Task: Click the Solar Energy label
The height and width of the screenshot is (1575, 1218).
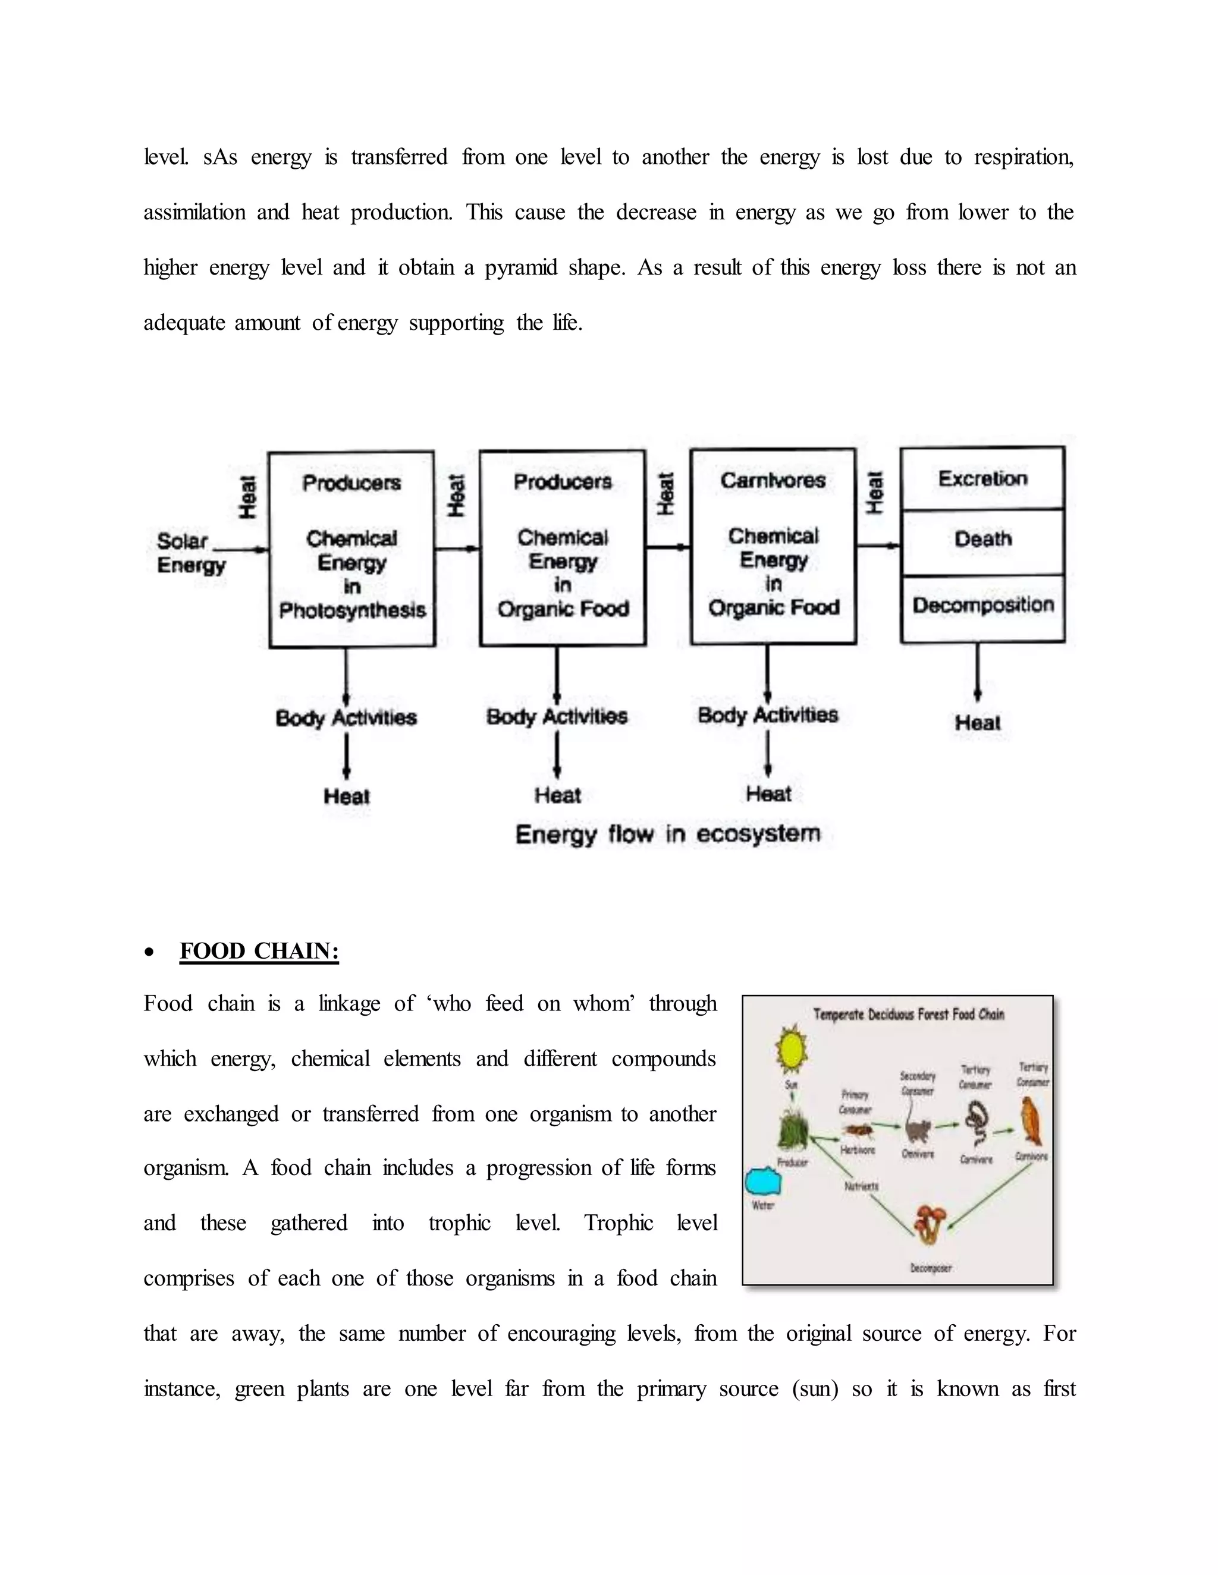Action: (190, 552)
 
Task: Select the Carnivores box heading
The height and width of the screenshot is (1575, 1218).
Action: (773, 480)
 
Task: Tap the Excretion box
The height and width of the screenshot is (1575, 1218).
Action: (982, 478)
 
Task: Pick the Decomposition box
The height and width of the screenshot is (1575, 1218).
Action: (982, 605)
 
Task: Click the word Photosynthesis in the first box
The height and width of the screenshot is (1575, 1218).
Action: (352, 611)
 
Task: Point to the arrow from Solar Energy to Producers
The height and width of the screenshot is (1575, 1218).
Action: (246, 550)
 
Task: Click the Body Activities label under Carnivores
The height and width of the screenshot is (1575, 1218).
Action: (767, 716)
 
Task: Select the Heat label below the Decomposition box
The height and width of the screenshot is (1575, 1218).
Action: (977, 723)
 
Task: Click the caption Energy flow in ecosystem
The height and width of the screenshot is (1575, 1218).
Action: (667, 834)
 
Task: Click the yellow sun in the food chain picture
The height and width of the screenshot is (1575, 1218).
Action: (791, 1051)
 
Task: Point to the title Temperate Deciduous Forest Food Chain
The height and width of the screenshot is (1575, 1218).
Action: (909, 1015)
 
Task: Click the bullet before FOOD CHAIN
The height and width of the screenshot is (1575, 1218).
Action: (149, 953)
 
